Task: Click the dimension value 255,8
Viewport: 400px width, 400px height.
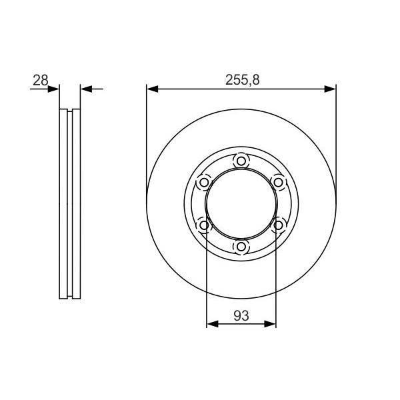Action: (x=243, y=80)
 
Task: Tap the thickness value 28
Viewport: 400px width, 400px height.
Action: (x=41, y=80)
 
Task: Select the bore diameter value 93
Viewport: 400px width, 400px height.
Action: (x=241, y=316)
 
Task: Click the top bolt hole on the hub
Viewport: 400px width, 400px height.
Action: (x=241, y=161)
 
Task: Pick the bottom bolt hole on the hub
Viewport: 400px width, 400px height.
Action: (x=241, y=247)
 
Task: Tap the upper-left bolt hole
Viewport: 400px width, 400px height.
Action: (x=204, y=183)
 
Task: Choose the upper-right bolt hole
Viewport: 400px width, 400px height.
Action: (x=278, y=183)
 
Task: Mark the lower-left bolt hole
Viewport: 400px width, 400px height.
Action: (x=204, y=225)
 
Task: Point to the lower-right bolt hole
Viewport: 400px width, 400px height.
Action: (x=278, y=225)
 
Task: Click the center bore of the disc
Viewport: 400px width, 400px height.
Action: (x=241, y=204)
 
